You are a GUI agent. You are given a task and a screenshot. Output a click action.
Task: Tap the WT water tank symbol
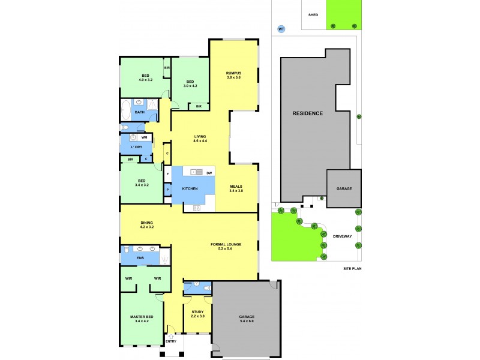281,28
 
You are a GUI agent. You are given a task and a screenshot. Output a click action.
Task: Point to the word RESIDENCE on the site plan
307,113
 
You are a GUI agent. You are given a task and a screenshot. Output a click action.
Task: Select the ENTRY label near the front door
171,341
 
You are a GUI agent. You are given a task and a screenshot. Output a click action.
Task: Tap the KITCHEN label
191,189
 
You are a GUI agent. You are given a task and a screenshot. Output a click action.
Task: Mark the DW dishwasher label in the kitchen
209,173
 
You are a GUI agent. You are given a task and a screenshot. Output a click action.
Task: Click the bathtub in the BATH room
126,110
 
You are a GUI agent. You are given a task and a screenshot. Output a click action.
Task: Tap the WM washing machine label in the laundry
144,137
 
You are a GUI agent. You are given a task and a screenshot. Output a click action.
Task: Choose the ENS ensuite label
140,259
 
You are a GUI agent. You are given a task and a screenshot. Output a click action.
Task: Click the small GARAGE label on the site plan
344,188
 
